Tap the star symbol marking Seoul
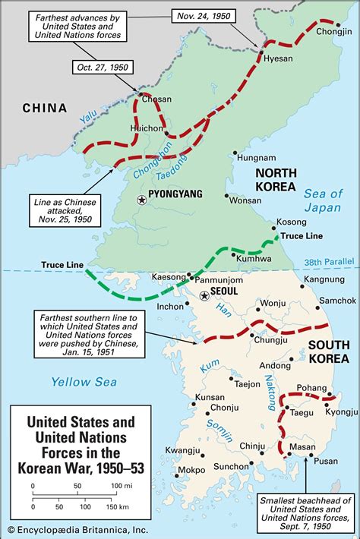[204, 296]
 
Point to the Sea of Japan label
[323, 200]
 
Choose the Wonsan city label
[245, 200]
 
